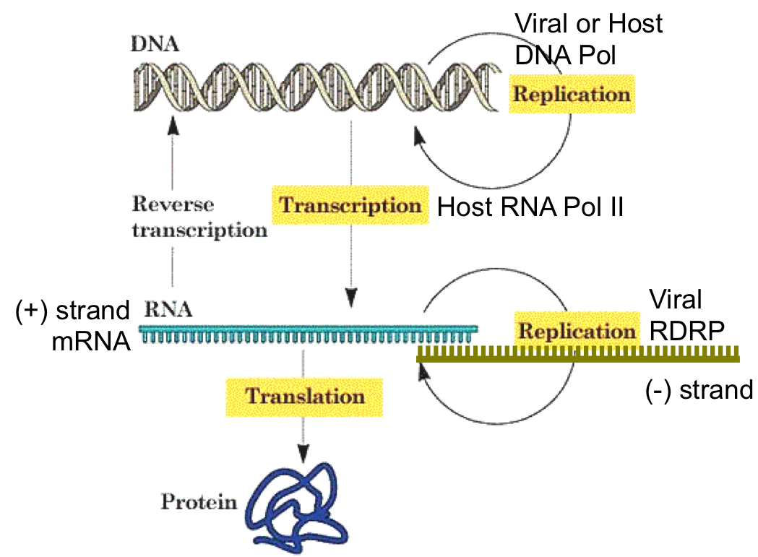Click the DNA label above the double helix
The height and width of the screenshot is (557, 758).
tap(155, 43)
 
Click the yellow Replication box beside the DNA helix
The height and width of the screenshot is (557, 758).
tap(571, 94)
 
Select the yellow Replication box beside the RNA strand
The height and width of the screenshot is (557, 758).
tap(577, 331)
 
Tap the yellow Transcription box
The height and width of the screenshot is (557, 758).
tap(350, 205)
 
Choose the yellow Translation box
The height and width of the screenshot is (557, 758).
tap(304, 396)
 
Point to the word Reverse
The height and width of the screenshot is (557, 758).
tap(173, 204)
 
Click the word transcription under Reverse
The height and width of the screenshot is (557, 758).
tap(199, 230)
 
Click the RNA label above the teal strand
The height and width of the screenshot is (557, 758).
tap(168, 310)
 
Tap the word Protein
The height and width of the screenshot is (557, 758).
tap(199, 501)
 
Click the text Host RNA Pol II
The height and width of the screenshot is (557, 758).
tap(530, 207)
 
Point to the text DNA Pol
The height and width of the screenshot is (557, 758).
tap(565, 55)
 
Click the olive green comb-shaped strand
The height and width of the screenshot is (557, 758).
tap(578, 354)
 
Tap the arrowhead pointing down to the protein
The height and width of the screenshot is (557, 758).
tap(303, 453)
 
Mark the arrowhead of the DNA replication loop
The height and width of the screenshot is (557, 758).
tap(418, 136)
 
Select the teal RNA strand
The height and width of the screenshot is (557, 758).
tap(307, 333)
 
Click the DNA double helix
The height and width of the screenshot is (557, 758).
tap(316, 87)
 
